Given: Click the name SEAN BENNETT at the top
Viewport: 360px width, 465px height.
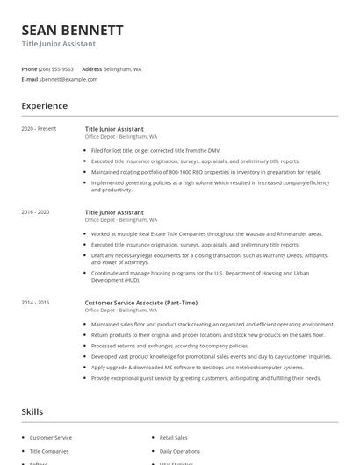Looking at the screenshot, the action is coord(72,30).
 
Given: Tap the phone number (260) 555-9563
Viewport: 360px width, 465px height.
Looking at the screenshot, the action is coord(56,68).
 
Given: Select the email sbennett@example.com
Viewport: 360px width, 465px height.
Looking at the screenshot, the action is coord(68,79).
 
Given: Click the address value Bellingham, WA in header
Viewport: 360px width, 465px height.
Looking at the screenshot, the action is coord(122,68).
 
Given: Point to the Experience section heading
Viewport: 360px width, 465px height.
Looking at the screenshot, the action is coord(44,106).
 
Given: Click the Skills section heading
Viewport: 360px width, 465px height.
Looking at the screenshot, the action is coord(32,411).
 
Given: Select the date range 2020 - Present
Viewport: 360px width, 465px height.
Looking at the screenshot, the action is coord(39,129).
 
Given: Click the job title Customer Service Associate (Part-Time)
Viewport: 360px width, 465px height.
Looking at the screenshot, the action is coord(140,302).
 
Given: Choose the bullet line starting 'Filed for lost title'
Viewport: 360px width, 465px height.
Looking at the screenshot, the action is coord(155,150).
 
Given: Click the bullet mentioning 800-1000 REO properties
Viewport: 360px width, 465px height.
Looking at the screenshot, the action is coord(205,172).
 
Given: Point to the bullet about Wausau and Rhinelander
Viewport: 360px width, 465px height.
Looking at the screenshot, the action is coord(206,234).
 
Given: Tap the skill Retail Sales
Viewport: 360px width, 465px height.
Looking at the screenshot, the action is coord(173,437).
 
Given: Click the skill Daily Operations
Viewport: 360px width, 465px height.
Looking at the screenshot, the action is coord(179,451).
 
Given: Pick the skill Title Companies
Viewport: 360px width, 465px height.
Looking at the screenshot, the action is coord(50,451).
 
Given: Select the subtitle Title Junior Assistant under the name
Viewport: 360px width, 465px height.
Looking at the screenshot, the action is coord(59,44).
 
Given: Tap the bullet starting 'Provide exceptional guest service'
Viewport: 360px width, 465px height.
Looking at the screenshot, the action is coord(205,378).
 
